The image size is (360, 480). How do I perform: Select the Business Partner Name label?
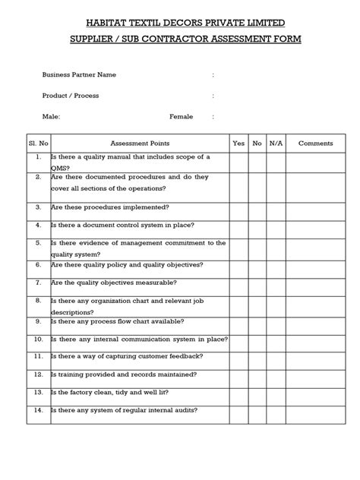coord(79,75)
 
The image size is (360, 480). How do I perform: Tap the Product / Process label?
coord(71,96)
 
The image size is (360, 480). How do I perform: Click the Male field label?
coord(52,117)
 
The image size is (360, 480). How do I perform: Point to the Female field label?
coord(181,117)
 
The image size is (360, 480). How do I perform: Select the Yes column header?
coord(238,142)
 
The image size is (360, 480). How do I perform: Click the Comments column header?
coord(315,142)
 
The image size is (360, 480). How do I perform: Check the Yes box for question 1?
coord(238,162)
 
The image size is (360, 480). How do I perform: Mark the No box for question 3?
coord(257,207)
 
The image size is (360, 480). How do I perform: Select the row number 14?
coord(37,410)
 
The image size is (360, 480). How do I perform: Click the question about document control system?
coord(122,225)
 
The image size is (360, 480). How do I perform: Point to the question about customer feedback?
coord(126,355)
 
